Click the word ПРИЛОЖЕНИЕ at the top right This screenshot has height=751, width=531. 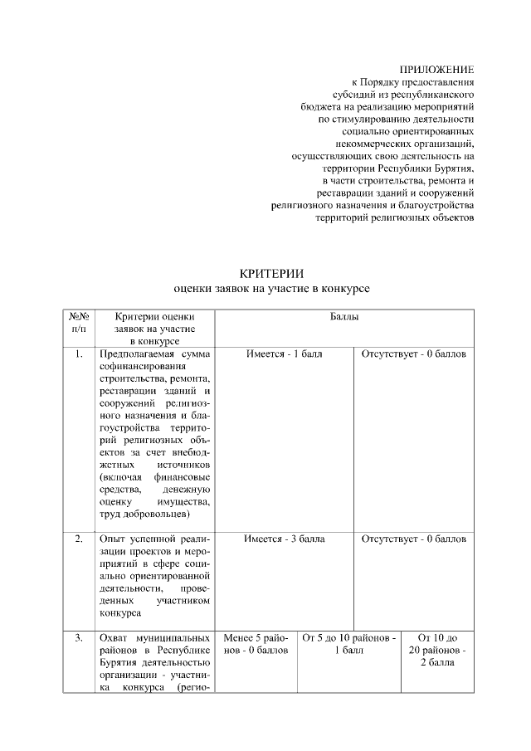click(436, 70)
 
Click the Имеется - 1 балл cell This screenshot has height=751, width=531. click(285, 354)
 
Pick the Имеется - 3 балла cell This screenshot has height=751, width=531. click(285, 539)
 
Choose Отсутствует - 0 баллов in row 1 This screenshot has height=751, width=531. click(413, 354)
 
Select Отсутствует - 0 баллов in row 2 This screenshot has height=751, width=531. click(413, 539)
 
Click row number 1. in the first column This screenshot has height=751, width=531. click(79, 354)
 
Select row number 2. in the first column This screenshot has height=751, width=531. click(79, 539)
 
